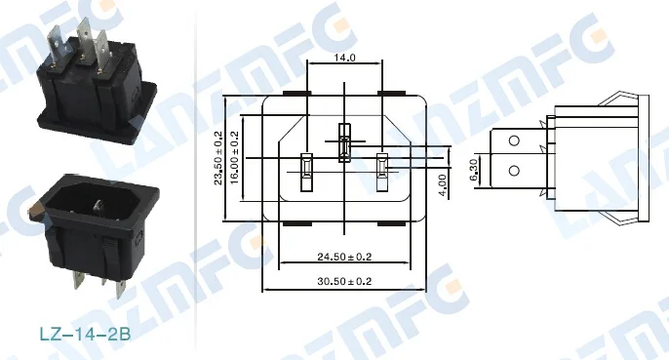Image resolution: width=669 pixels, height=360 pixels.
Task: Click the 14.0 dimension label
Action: (345, 58)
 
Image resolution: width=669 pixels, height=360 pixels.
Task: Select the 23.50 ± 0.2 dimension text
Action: (218, 158)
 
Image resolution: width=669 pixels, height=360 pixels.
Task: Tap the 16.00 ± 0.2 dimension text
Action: (234, 158)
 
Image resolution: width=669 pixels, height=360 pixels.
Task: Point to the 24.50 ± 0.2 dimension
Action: (344, 257)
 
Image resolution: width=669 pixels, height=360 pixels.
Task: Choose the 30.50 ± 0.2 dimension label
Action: (344, 281)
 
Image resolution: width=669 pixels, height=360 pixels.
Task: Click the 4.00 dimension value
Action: (443, 185)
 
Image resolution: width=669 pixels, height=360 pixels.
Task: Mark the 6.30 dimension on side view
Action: (474, 170)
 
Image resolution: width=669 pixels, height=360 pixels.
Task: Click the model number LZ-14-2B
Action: (86, 334)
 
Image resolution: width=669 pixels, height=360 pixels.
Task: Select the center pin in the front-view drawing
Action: (344, 142)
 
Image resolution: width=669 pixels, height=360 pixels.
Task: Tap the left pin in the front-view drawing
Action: (307, 172)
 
